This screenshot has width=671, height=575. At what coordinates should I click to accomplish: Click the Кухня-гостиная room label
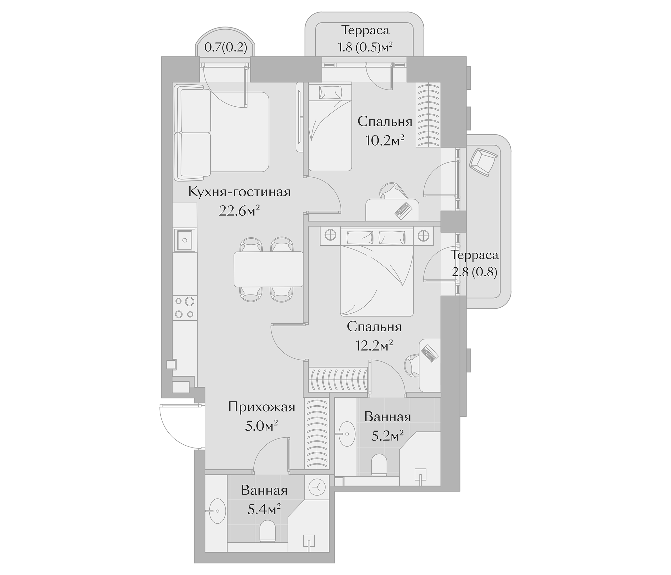[x=239, y=192]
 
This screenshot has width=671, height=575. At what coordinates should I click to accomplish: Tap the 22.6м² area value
[x=239, y=211]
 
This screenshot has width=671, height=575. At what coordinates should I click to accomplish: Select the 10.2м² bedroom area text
[x=385, y=141]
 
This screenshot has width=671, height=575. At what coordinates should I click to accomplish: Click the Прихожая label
[x=262, y=407]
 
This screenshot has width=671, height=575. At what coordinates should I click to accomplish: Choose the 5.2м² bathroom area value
[x=387, y=437]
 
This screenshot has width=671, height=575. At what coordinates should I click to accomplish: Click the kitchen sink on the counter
[x=185, y=240]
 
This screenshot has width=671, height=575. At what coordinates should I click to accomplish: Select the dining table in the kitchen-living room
[x=268, y=269]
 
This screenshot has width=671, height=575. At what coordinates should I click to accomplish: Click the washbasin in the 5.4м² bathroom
[x=216, y=520]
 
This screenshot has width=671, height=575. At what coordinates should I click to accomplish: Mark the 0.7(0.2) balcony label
[x=226, y=48]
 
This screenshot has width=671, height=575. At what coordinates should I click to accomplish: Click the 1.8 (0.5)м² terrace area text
[x=365, y=48]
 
